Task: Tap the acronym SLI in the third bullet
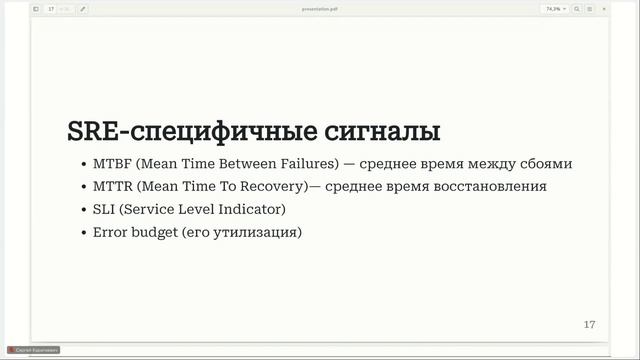pos(104,209)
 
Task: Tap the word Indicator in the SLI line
pos(252,209)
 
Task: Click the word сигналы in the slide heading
pos(384,132)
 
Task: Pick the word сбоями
pos(545,163)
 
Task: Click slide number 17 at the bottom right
pos(589,325)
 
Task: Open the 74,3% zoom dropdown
pos(554,8)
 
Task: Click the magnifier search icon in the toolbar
pos(576,8)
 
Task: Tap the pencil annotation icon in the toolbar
pos(82,8)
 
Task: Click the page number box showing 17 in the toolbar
pos(51,8)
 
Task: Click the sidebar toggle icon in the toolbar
pos(36,8)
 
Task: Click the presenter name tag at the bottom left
pos(34,350)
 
